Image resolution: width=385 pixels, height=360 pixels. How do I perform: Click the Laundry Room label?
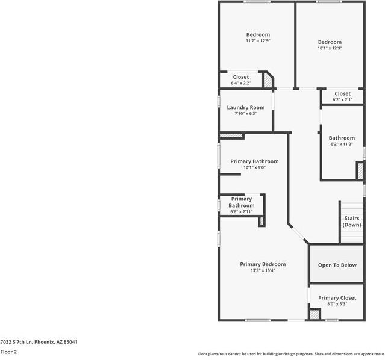[x=246, y=107]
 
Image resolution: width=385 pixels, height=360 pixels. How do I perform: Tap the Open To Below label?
[x=337, y=265]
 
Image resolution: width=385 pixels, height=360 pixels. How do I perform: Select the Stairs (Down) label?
[x=352, y=222]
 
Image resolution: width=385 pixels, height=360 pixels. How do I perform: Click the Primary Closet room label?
[x=337, y=297]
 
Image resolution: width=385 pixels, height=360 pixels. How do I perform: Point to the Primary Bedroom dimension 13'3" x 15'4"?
[x=263, y=270]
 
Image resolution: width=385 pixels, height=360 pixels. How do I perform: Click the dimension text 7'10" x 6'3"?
[x=246, y=113]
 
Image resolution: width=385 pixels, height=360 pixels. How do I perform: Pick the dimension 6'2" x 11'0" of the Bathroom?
[x=342, y=144]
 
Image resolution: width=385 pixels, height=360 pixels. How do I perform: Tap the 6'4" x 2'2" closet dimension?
[x=240, y=83]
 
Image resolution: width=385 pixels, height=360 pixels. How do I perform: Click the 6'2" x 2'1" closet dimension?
[x=342, y=99]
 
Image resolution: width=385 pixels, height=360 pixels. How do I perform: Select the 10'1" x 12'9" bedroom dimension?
[x=330, y=48]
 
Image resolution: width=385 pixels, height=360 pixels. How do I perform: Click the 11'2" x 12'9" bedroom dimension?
[x=258, y=41]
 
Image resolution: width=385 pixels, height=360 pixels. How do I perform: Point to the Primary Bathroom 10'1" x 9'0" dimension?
[x=255, y=167]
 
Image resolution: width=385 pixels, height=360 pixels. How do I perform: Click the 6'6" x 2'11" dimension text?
[x=242, y=211]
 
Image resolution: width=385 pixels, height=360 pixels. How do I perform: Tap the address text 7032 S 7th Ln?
[x=16, y=342]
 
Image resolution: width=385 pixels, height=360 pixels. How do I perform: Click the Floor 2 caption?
[x=8, y=352]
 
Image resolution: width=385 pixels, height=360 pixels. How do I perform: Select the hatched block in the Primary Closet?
[x=315, y=315]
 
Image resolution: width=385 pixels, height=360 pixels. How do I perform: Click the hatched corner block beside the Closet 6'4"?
[x=268, y=81]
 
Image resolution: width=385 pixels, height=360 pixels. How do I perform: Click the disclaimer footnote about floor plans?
[x=291, y=354]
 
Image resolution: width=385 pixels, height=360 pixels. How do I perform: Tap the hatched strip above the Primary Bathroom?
[x=231, y=135]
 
